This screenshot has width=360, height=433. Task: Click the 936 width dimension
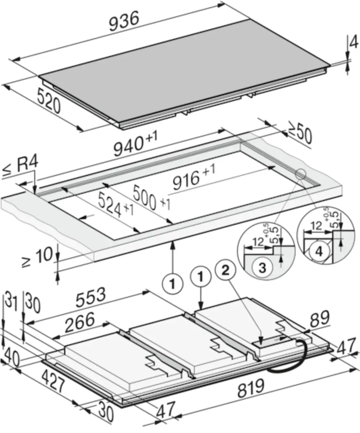[124, 21]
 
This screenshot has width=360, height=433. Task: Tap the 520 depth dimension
[49, 100]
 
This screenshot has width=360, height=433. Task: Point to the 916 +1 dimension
[194, 177]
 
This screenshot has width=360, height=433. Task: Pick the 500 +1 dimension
[151, 198]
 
